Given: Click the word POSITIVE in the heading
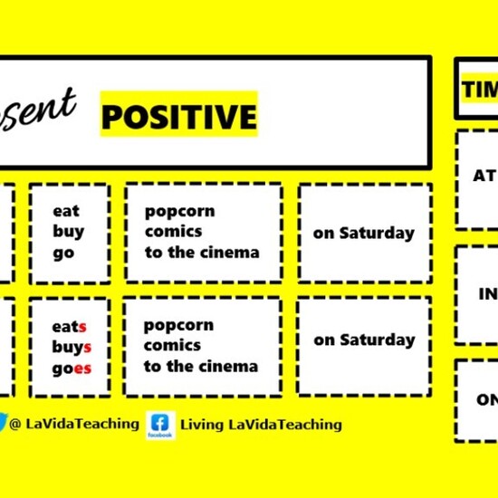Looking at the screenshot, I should pos(178,117).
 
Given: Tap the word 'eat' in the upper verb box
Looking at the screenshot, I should pos(66,211).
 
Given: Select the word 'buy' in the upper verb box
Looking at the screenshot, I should pos(68,231).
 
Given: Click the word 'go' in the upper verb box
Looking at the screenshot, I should pos(63,253).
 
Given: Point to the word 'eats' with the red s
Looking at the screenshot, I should pos(70,326).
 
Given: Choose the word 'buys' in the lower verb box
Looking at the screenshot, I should pos(72,347).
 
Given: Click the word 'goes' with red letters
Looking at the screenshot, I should pos(72,368).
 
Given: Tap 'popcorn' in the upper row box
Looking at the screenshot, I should pos(179,211).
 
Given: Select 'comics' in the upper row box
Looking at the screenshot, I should pos(172,231).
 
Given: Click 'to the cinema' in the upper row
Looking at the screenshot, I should pos(202,252).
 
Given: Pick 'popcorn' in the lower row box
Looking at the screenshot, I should pos(178,325).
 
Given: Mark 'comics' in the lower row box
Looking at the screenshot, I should pos(172,345).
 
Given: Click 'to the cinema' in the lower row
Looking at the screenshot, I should pos(200,366).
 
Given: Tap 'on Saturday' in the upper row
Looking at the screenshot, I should pos(363,233).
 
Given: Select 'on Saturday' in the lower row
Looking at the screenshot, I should pos(364,340).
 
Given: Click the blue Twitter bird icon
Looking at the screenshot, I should pos(4,422).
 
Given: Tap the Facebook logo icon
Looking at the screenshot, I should pos(160,424).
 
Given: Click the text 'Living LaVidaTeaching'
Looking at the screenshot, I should pos(261,424).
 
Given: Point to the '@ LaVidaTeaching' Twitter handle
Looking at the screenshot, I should pos(74,423).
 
